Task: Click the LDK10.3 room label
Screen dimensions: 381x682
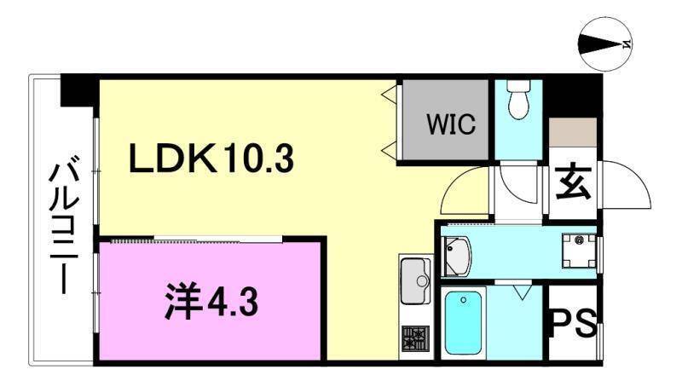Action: [212, 158]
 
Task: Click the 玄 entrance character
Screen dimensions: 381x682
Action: [573, 181]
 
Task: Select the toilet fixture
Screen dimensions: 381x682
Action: [518, 101]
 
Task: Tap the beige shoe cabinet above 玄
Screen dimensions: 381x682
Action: [573, 134]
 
